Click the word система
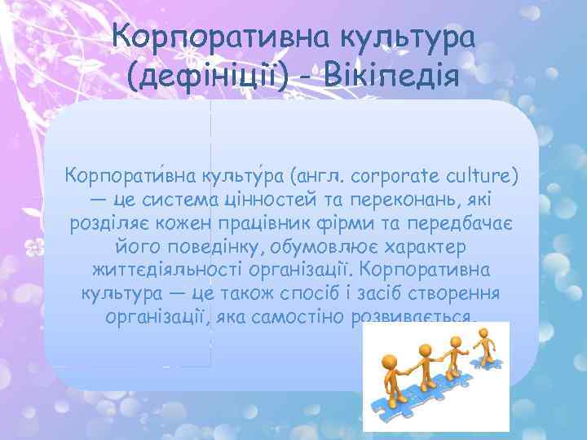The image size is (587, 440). tap(176, 199)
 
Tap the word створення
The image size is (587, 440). tap(461, 293)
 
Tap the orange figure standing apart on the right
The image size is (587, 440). tap(488, 344)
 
